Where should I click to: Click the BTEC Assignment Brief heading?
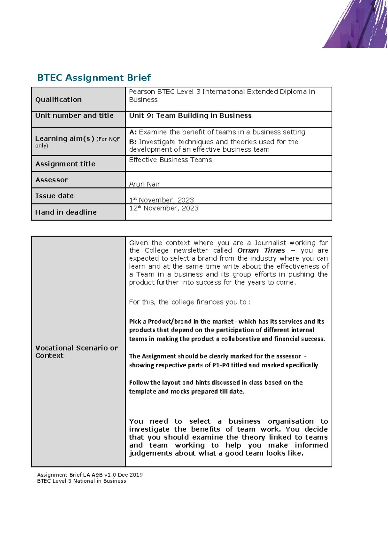(x=94, y=78)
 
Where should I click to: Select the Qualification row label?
(x=59, y=100)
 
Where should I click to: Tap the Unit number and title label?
(x=74, y=115)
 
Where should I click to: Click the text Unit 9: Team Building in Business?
(x=190, y=115)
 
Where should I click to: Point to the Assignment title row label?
(x=65, y=164)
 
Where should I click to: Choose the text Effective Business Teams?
(x=170, y=160)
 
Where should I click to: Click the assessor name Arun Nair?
(x=145, y=184)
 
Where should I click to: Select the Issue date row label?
(x=54, y=196)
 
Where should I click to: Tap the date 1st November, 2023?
(x=161, y=200)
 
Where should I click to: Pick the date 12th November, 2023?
(x=164, y=208)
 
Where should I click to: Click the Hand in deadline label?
(x=66, y=212)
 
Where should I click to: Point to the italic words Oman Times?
(x=261, y=251)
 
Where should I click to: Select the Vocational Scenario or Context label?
(x=76, y=352)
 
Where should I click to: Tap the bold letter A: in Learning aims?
(x=133, y=132)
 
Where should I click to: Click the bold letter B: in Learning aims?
(x=133, y=142)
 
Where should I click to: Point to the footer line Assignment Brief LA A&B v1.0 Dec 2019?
(x=90, y=475)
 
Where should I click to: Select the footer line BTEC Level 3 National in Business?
(x=81, y=481)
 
